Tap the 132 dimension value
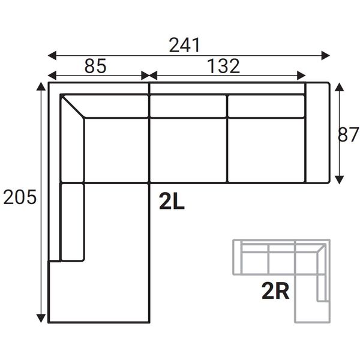pos(224,65)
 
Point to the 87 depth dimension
pos(348,135)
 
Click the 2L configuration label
pos(172,202)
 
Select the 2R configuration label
pos(276,292)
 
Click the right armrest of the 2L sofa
pos(317,132)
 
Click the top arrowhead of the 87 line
pos(339,87)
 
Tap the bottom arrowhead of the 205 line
pos(41,317)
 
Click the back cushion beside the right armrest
pos(266,106)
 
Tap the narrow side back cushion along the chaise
pos(72,222)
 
